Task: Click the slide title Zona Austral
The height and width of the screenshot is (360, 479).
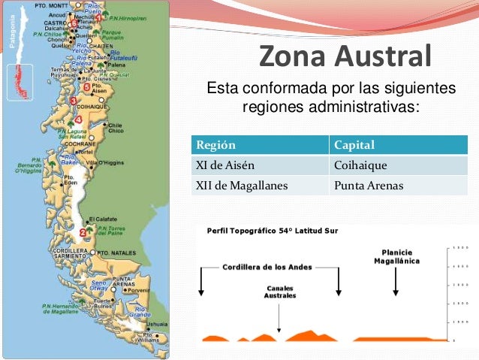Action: [x=345, y=56]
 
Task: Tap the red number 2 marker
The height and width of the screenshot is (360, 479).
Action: [x=80, y=232]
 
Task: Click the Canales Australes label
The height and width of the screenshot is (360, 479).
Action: [x=281, y=292]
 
